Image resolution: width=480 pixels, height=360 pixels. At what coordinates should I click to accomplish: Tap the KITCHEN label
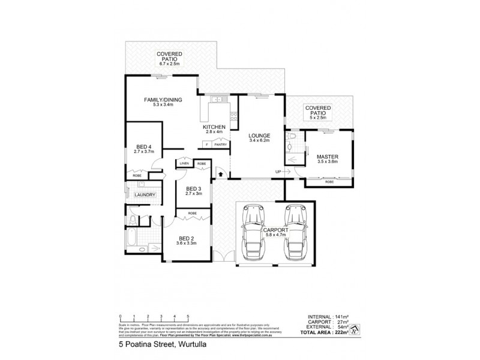(214, 127)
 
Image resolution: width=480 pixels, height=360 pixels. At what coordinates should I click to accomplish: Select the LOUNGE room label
(260, 136)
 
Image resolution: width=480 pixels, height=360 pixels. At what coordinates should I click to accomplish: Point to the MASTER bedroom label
(328, 157)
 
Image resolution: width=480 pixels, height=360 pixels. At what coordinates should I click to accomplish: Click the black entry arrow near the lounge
(221, 175)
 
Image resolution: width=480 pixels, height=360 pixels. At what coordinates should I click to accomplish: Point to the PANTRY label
(220, 145)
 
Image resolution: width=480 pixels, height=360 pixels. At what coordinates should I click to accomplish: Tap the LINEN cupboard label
(184, 163)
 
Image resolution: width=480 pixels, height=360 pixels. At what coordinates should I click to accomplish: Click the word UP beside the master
(278, 172)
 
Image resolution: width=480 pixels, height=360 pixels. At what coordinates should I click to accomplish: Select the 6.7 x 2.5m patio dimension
(170, 64)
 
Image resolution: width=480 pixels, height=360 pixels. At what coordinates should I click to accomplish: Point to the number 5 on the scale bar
(188, 316)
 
